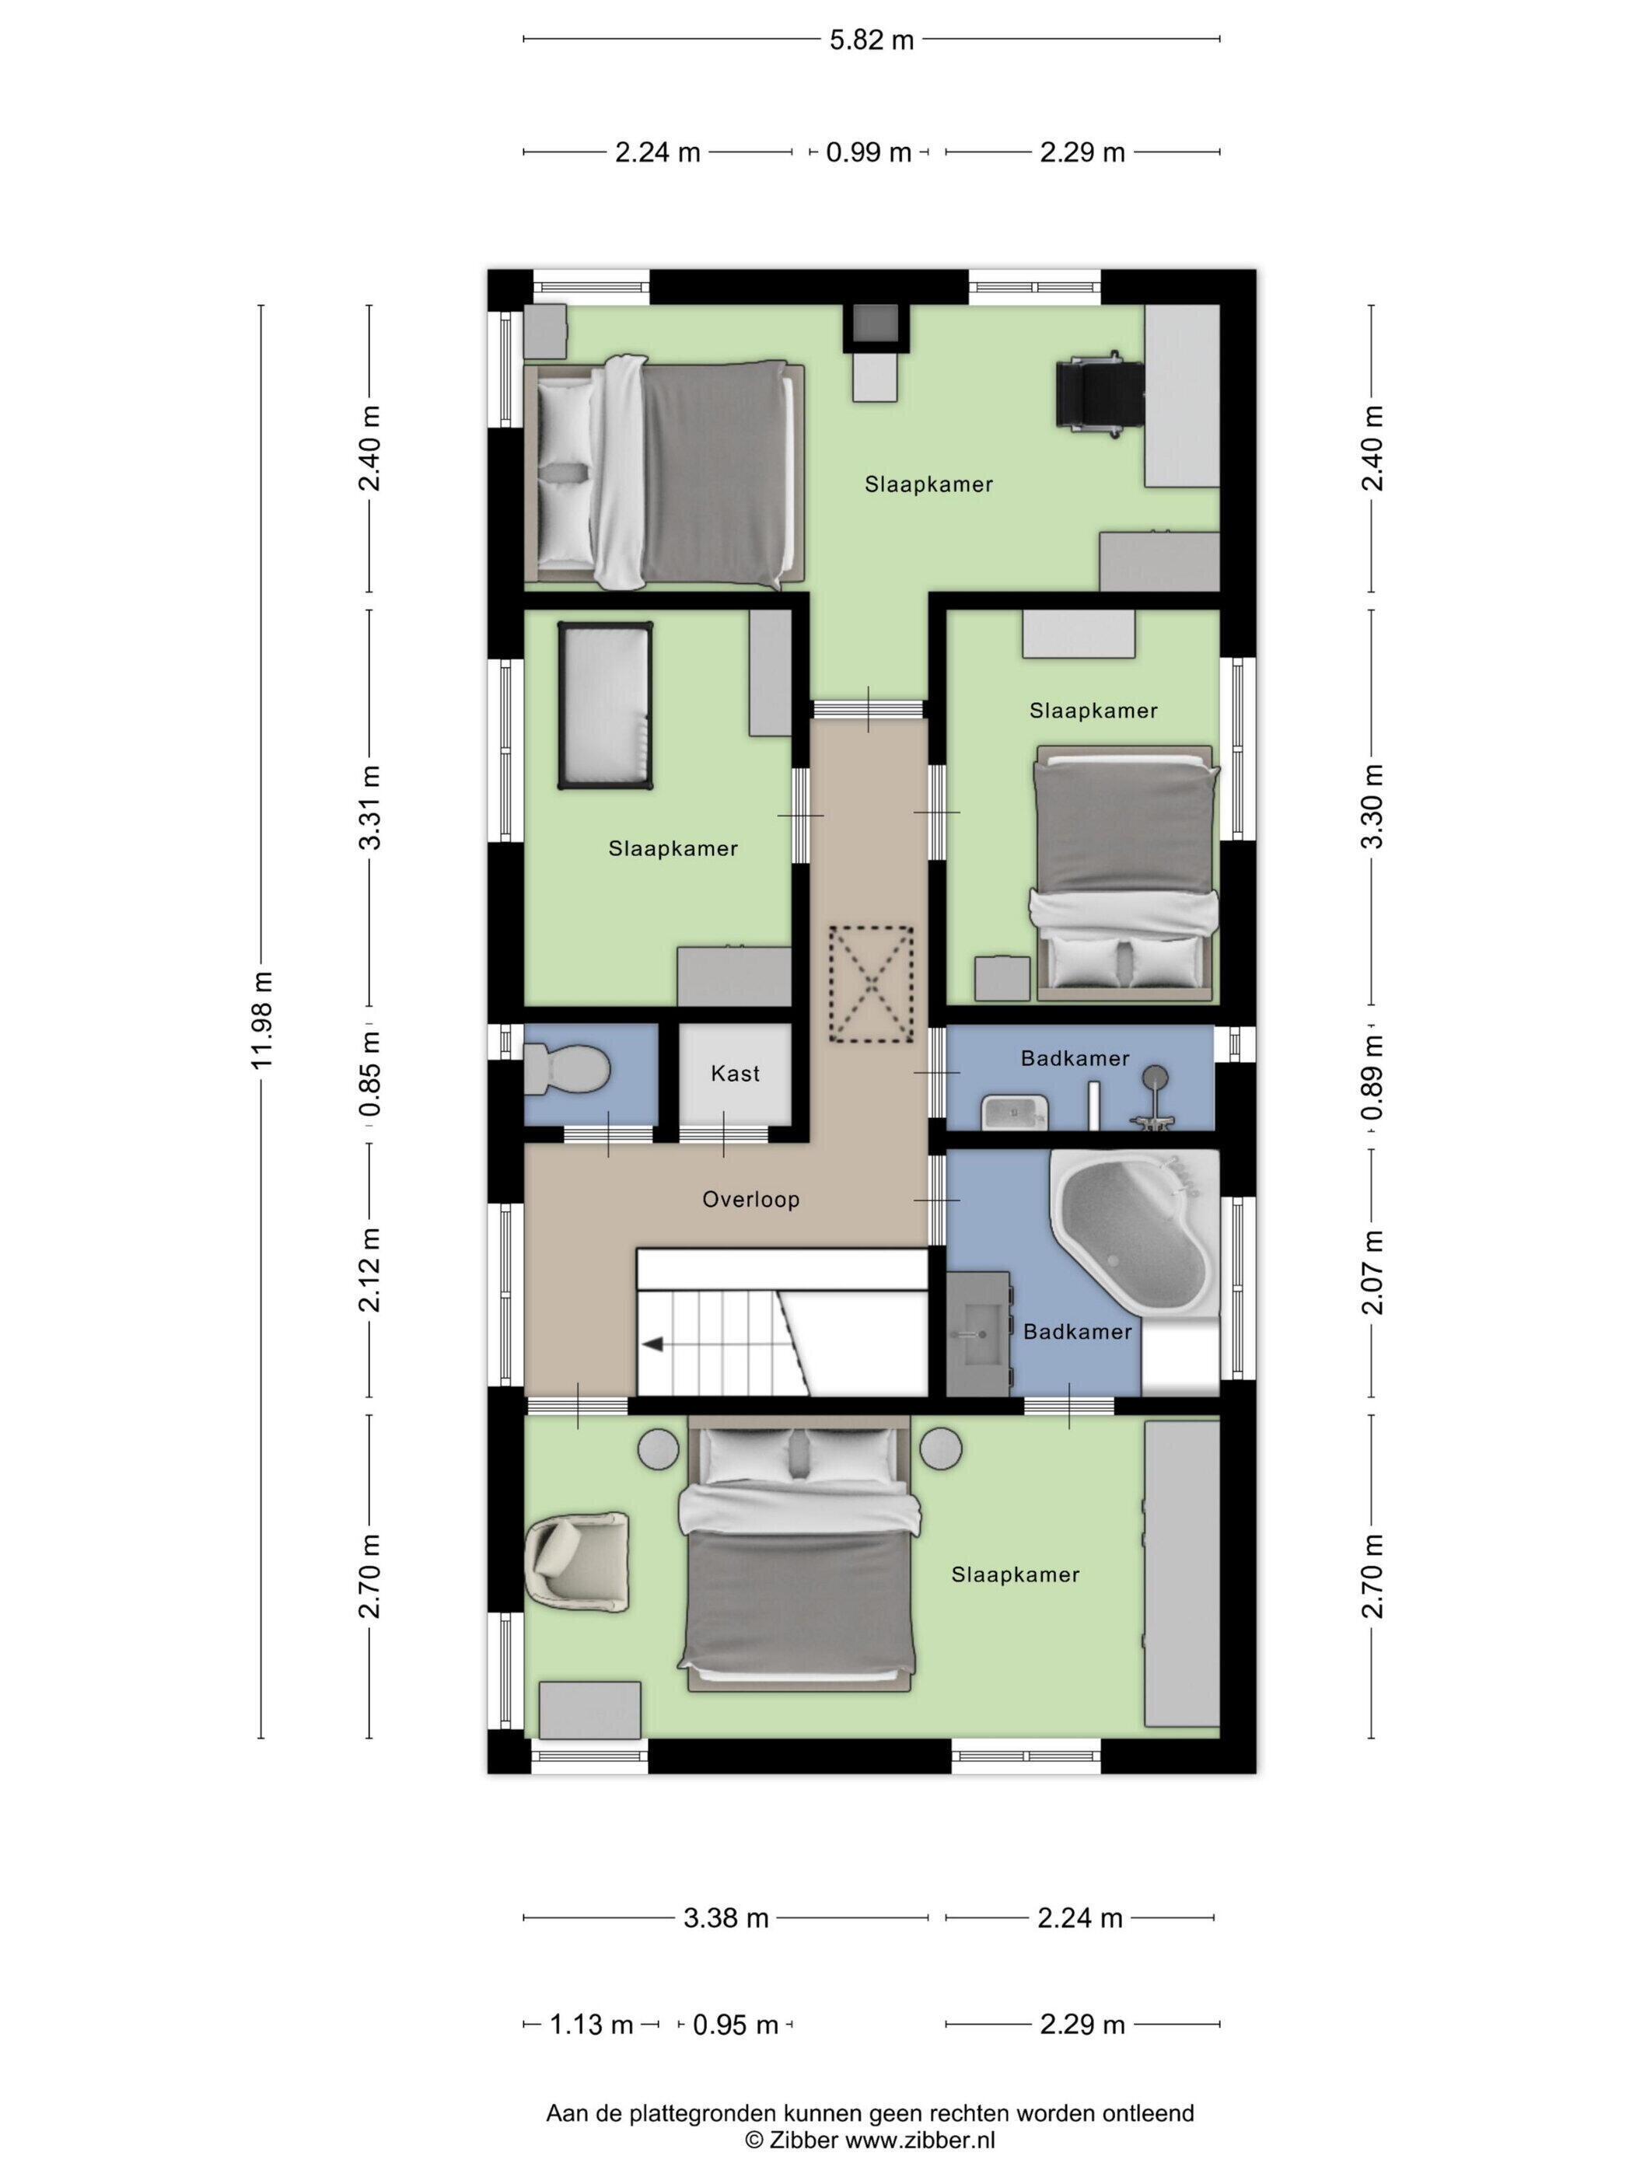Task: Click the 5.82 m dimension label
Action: (871, 40)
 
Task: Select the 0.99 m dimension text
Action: (868, 152)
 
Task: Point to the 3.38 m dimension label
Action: (726, 1917)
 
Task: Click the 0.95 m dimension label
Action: (736, 2025)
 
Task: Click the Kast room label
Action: (736, 1074)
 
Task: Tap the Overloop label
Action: (750, 1199)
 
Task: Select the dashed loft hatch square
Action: (870, 984)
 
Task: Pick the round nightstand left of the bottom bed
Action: (658, 1448)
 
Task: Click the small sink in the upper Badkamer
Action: (1014, 1112)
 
